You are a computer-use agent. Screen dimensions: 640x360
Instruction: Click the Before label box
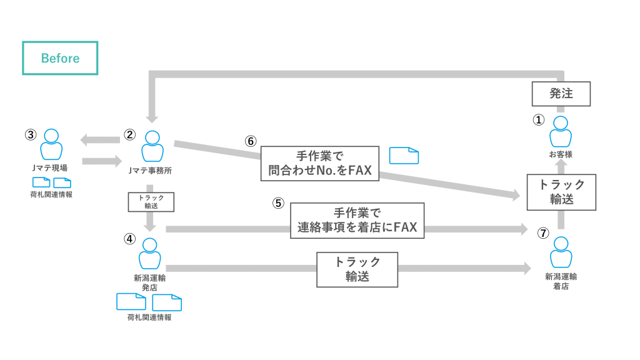60,58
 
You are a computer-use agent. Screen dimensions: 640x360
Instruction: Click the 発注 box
561,94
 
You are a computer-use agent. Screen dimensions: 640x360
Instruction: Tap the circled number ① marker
538,119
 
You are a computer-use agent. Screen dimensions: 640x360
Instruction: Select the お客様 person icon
561,131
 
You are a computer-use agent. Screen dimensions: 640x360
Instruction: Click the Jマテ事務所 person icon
152,146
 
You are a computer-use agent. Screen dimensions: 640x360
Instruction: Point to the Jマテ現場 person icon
51,144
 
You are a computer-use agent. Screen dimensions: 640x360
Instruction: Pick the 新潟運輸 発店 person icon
150,254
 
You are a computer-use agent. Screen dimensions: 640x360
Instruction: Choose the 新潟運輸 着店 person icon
561,252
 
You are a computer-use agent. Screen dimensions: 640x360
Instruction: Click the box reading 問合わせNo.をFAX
319,163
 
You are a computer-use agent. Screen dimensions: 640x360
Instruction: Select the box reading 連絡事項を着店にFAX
357,221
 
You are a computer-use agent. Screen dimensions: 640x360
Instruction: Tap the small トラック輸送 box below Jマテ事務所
151,202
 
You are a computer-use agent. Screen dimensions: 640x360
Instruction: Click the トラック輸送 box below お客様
561,192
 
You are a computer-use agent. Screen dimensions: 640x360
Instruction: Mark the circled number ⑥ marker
250,141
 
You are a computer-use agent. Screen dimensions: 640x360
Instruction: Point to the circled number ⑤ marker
278,203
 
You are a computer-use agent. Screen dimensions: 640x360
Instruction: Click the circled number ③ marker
31,135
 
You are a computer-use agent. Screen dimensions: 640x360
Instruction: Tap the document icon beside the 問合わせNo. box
404,156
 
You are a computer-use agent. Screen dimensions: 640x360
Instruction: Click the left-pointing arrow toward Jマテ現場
100,140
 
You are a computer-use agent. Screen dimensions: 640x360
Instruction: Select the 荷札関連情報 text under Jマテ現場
51,195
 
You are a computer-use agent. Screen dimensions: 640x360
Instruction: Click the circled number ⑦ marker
542,233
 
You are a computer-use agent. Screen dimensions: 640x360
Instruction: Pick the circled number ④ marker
130,239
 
